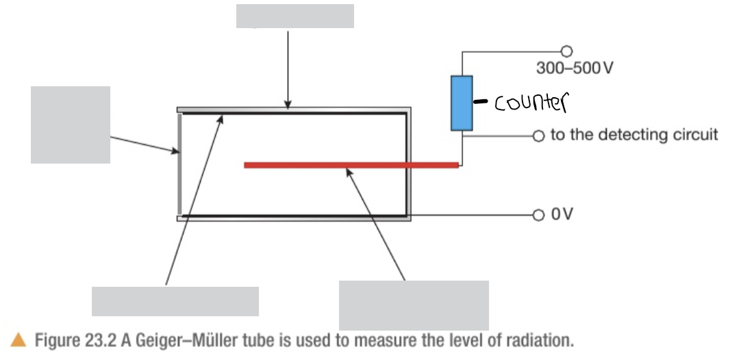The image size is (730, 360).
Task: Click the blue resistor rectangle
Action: click(x=462, y=103)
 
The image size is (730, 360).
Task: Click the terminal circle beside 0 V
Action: click(x=538, y=214)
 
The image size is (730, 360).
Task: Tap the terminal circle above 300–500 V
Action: click(x=566, y=50)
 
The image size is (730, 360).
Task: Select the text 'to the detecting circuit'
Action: click(x=634, y=134)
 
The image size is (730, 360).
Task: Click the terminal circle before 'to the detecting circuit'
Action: click(x=538, y=136)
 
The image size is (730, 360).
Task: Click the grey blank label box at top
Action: click(x=294, y=16)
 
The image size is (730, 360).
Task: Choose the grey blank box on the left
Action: click(x=71, y=125)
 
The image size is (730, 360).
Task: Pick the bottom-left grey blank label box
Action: click(x=175, y=301)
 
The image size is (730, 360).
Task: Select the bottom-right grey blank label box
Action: click(x=414, y=305)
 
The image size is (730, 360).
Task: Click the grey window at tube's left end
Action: click(x=179, y=164)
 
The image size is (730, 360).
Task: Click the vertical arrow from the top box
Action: click(x=288, y=68)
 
